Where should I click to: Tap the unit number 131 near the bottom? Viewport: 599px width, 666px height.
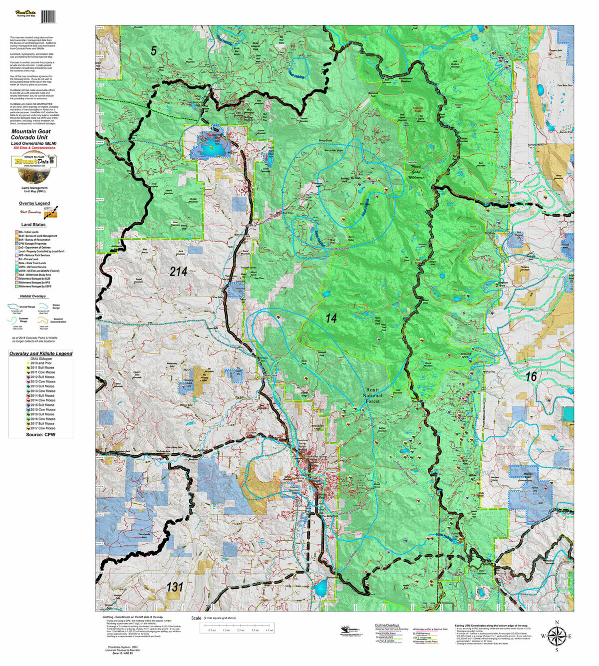(x=175, y=587)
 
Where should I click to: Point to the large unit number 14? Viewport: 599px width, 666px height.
(x=331, y=318)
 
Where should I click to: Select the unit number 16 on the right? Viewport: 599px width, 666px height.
(x=531, y=376)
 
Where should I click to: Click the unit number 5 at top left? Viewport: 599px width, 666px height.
(x=154, y=50)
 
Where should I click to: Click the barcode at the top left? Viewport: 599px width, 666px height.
(x=48, y=16)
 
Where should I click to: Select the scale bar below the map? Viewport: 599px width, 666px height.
(x=236, y=627)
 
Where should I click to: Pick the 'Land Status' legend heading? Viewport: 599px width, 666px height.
(x=33, y=225)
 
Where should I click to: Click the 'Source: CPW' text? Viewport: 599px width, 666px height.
(x=40, y=434)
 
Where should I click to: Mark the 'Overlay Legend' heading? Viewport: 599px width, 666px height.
(x=34, y=203)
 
